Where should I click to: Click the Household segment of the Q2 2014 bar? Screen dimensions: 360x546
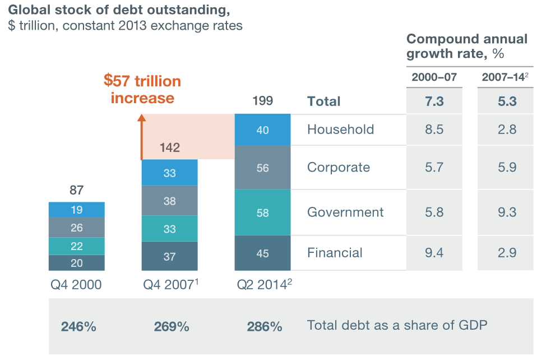(x=262, y=130)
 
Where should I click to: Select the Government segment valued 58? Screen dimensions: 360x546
(x=262, y=213)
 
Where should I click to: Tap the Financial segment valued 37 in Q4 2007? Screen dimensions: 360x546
(x=169, y=257)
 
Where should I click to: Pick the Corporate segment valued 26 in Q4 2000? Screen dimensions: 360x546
(x=76, y=228)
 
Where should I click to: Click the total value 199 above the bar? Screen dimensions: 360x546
(x=262, y=101)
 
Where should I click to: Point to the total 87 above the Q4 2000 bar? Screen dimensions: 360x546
(x=76, y=191)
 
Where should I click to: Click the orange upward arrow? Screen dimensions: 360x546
(x=142, y=137)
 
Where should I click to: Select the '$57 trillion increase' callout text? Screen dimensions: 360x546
(x=142, y=89)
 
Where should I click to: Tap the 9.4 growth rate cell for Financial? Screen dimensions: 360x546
(x=434, y=253)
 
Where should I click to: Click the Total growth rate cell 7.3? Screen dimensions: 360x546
(x=434, y=101)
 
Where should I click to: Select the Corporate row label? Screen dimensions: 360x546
(x=338, y=168)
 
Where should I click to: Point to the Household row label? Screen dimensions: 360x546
(x=340, y=130)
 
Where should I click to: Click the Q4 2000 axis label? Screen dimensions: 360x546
(x=76, y=285)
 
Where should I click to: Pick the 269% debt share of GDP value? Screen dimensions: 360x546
(x=171, y=326)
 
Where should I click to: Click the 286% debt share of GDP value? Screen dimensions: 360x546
(x=264, y=326)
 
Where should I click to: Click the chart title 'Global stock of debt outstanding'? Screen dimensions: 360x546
(x=119, y=10)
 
